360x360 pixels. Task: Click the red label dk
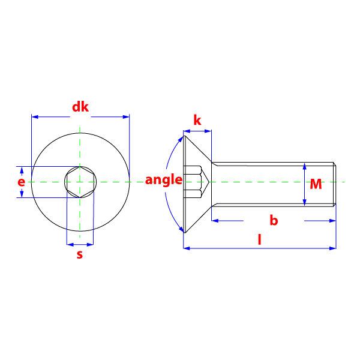pyautogui.click(x=80, y=107)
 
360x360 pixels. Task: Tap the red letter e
pyautogui.click(x=22, y=181)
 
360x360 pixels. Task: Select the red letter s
pyautogui.click(x=80, y=254)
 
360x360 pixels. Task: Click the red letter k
pyautogui.click(x=197, y=120)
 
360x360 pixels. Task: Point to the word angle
pyautogui.click(x=163, y=179)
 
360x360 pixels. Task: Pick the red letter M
pyautogui.click(x=316, y=184)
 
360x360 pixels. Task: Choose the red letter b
pyautogui.click(x=274, y=220)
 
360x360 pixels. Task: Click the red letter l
pyautogui.click(x=259, y=239)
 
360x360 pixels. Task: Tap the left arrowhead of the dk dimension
pyautogui.click(x=34, y=116)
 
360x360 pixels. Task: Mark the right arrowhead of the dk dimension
pyautogui.click(x=126, y=116)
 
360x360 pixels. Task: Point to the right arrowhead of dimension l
pyautogui.click(x=333, y=247)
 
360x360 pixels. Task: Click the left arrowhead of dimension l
pyautogui.click(x=186, y=247)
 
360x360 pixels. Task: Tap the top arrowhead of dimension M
pyautogui.click(x=305, y=166)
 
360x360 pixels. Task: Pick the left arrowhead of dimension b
pyautogui.click(x=214, y=221)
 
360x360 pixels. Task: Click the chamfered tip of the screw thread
pyautogui.click(x=335, y=184)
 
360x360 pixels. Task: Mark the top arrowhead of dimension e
pyautogui.click(x=22, y=170)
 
